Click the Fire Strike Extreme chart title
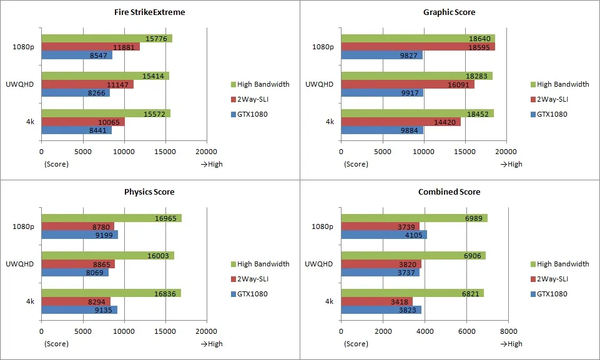pos(149,12)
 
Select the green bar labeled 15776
pos(107,38)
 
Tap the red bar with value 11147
pos(87,84)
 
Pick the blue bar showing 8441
pos(77,130)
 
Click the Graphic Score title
pos(450,12)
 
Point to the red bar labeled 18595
pos(418,47)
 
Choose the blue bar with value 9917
pos(382,92)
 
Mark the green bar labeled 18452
pos(418,114)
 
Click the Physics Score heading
pos(149,192)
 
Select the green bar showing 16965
pos(112,218)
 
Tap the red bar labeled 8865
pos(78,264)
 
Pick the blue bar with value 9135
pos(79,310)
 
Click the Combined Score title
pos(450,192)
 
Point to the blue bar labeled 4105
pos(384,235)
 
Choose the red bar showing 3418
pos(377,301)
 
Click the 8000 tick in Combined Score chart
pos(509,331)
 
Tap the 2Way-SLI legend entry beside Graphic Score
pos(549,99)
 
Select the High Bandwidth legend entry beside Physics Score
pos(260,264)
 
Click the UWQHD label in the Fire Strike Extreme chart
pos(19,84)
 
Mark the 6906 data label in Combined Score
pos(473,256)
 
